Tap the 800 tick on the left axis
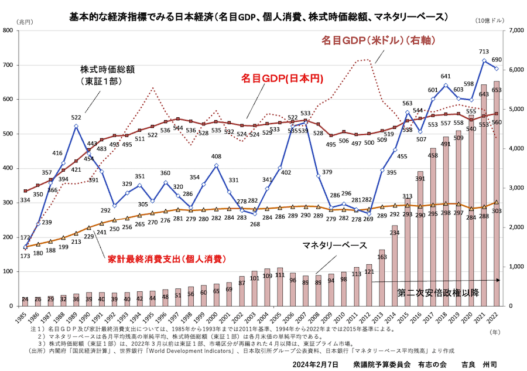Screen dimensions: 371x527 point(14,30)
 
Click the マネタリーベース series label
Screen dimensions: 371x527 point(334,244)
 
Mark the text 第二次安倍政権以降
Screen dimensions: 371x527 point(437,291)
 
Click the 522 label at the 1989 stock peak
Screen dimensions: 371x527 point(76,118)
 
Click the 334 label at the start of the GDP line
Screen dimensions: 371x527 point(25,200)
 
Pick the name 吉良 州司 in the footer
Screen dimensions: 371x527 point(478,365)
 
